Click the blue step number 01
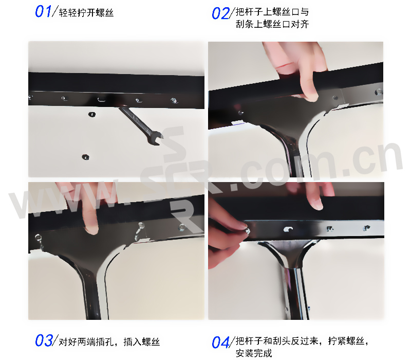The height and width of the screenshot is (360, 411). pyautogui.click(x=43, y=12)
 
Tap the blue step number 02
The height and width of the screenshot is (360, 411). pyautogui.click(x=220, y=13)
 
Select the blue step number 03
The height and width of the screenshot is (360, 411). pyautogui.click(x=44, y=340)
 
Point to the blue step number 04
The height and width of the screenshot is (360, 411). pyautogui.click(x=220, y=343)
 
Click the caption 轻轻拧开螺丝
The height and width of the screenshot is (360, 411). pyautogui.click(x=86, y=12)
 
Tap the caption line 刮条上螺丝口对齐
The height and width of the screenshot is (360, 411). pyautogui.click(x=272, y=24)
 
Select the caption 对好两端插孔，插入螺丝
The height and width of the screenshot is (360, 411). pyautogui.click(x=109, y=342)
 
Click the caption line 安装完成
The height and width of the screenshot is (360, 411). pyautogui.click(x=254, y=353)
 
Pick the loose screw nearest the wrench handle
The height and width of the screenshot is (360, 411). pyautogui.click(x=92, y=114)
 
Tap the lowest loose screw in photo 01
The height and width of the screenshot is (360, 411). pyautogui.click(x=85, y=157)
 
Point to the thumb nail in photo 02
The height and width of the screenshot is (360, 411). pyautogui.click(x=312, y=95)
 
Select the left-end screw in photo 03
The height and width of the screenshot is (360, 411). pyautogui.click(x=38, y=238)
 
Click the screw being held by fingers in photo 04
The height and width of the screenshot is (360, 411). pyautogui.click(x=247, y=231)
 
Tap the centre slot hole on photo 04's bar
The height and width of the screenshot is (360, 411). pyautogui.click(x=288, y=229)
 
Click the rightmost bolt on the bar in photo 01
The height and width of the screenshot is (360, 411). pyautogui.click(x=174, y=100)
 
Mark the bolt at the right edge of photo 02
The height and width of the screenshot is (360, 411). pyautogui.click(x=379, y=92)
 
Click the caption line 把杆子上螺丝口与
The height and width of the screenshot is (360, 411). pyautogui.click(x=272, y=12)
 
